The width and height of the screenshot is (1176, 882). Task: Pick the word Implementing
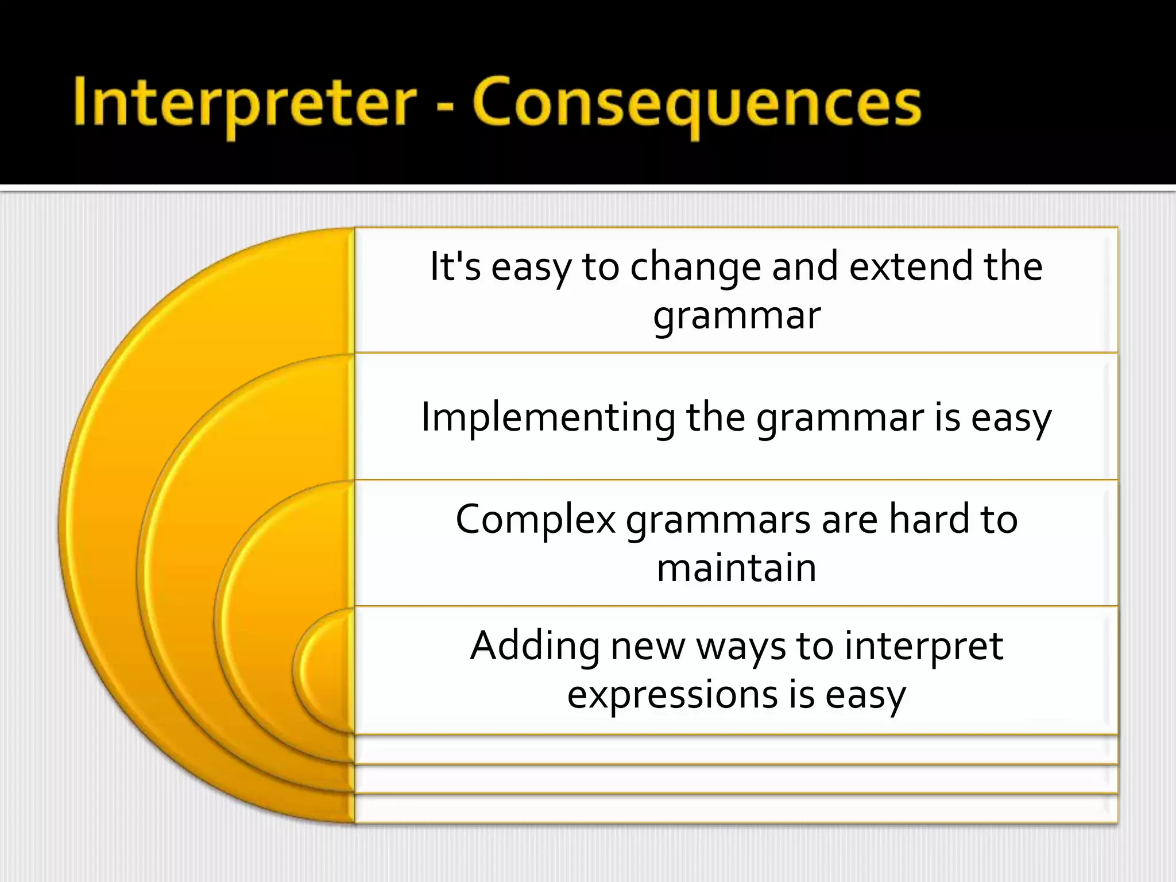pyautogui.click(x=548, y=417)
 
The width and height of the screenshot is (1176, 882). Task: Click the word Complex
pyautogui.click(x=535, y=519)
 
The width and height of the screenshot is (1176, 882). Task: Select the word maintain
pyautogui.click(x=737, y=568)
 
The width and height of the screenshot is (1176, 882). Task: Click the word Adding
pyautogui.click(x=535, y=646)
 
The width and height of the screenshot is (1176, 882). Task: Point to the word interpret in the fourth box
pyautogui.click(x=924, y=646)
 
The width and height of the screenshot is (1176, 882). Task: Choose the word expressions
pyautogui.click(x=672, y=695)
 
